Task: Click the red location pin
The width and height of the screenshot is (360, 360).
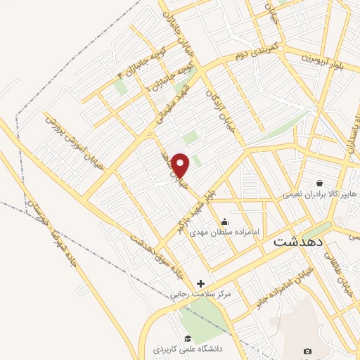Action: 181,165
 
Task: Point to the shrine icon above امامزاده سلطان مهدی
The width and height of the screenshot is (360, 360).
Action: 224,222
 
